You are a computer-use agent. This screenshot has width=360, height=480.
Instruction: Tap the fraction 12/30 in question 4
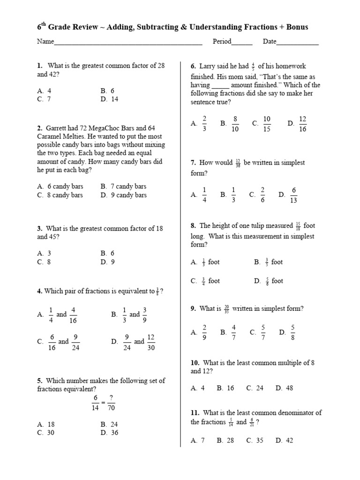point(151,343)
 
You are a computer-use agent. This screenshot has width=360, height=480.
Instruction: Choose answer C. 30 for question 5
point(46,433)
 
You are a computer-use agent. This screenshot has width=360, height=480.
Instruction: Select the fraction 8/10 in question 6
point(235,124)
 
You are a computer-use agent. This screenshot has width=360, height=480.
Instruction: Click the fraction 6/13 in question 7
point(294,195)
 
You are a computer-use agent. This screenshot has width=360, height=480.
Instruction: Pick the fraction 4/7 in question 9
point(234,332)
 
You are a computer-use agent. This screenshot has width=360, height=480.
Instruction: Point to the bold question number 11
point(195,413)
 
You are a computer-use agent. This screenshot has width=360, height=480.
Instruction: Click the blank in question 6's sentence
point(220,85)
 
